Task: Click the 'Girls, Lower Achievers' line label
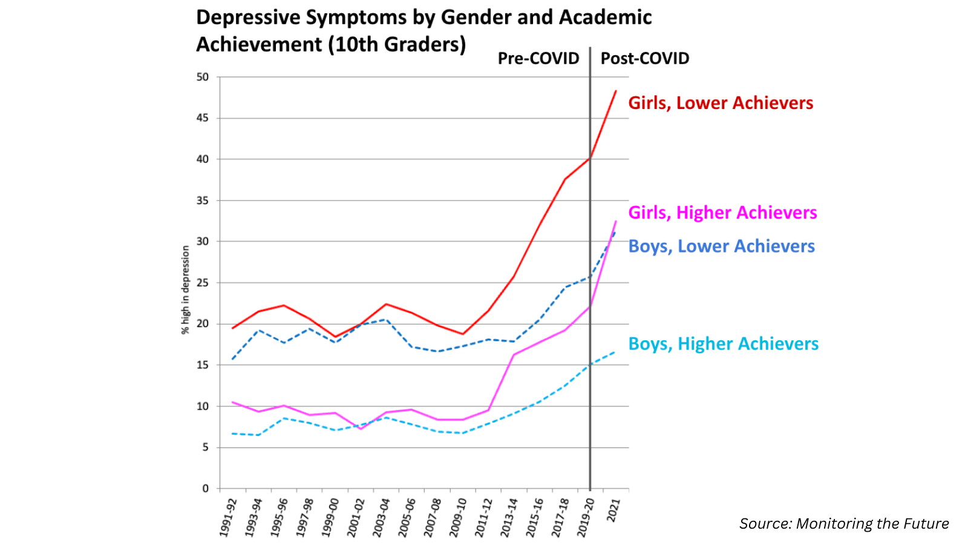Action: click(720, 103)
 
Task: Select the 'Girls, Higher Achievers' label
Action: click(722, 213)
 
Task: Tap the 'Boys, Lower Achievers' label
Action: click(721, 246)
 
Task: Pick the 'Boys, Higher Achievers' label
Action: click(723, 344)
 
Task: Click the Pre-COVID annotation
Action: click(538, 59)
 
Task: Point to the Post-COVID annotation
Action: click(644, 59)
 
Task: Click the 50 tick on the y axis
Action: click(202, 77)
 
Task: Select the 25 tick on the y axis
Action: click(202, 283)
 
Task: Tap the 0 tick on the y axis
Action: click(205, 488)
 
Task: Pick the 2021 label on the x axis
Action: click(613, 510)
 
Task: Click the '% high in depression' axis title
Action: click(186, 289)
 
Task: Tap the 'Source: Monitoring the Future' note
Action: click(843, 524)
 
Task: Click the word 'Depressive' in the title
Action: click(249, 18)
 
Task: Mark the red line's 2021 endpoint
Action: click(616, 91)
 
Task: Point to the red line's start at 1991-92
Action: click(233, 328)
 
